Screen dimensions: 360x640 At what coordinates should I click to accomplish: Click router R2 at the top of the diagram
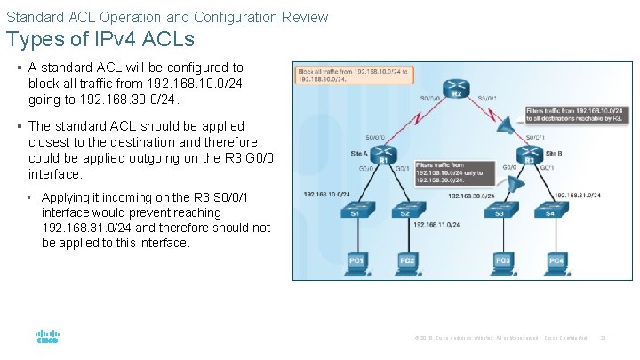click(x=456, y=85)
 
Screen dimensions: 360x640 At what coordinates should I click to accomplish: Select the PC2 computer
click(x=408, y=260)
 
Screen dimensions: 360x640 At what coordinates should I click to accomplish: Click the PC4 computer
click(x=556, y=260)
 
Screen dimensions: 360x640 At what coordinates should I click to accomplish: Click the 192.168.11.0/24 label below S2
click(x=436, y=225)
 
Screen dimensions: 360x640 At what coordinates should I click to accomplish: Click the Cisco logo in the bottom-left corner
click(x=47, y=338)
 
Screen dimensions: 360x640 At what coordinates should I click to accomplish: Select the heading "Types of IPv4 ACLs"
click(x=100, y=40)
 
